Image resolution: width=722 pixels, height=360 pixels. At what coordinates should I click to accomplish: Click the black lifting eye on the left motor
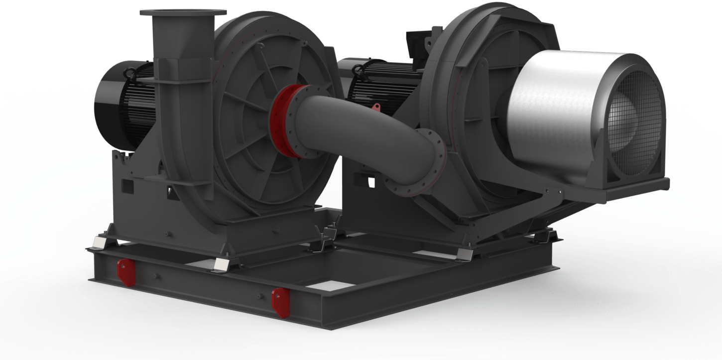click(130, 73)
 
